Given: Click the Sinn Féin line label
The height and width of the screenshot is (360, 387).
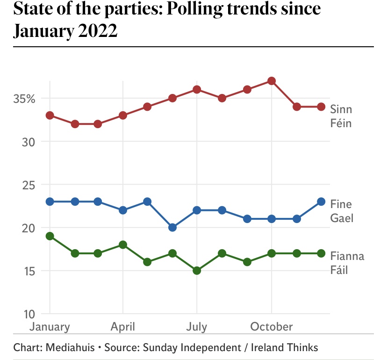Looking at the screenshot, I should coord(341,116).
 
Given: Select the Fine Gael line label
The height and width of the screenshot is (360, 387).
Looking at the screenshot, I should coord(341,211).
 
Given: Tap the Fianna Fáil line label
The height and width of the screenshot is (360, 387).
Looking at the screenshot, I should coord(347,263).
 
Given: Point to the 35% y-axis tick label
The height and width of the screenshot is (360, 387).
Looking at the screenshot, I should coord(24,99).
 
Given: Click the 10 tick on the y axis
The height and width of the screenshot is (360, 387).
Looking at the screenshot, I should coord(29,314).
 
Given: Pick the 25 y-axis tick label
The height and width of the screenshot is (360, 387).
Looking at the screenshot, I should coord(29,185).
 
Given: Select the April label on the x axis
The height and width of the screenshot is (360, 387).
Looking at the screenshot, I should coord(122,326).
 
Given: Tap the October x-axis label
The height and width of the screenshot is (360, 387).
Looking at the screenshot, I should coord(272,326).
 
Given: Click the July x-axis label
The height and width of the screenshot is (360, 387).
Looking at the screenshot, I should coord(196,326).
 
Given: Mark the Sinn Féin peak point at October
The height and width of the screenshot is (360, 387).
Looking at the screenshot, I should coord(272,81).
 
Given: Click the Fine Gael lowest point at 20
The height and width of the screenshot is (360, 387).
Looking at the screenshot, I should coord(172,228).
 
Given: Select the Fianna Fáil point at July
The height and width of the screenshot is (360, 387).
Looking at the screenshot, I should coord(197,271).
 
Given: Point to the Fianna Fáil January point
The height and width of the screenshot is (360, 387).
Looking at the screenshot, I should coord(50,236).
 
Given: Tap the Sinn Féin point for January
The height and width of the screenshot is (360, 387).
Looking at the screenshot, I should coord(50,115).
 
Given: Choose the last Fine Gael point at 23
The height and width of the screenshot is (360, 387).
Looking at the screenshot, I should coord(321,202).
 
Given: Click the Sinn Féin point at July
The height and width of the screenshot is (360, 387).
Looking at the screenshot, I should coord(197,89).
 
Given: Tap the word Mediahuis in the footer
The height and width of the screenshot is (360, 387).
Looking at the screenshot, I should coord(69,347).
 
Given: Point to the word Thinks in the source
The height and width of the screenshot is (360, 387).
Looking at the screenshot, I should coord(299,347).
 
